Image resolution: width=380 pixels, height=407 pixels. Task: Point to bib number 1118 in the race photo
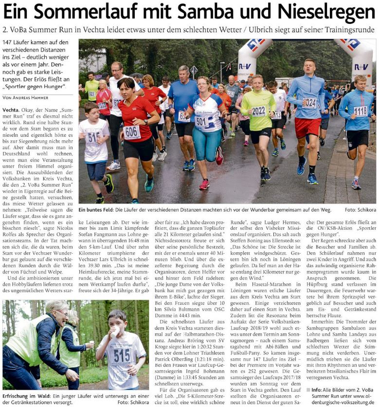pos(360,111)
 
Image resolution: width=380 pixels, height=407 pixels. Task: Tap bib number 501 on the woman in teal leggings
pos(201,120)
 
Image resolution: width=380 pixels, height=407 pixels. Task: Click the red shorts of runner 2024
pos(308,128)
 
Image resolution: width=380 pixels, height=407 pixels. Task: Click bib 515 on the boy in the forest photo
pos(122,356)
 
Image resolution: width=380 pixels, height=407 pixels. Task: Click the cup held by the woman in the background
pos(91,344)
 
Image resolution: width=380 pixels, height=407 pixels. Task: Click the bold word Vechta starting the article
pos(11,110)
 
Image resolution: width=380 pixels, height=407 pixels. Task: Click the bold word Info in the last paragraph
pos(316,389)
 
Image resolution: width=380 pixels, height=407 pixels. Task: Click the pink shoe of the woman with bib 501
pos(204,185)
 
